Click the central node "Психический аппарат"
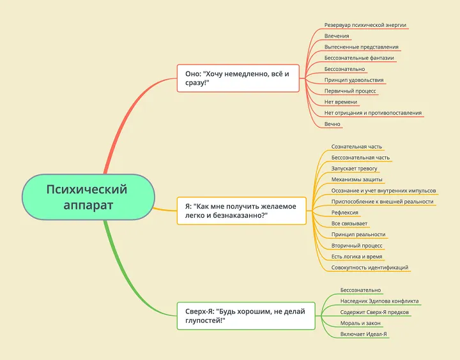pyautogui.click(x=88, y=197)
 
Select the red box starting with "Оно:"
pyautogui.click(x=238, y=79)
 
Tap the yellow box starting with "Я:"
pyautogui.click(x=241, y=211)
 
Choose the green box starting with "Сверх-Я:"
pyautogui.click(x=246, y=316)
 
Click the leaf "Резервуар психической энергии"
pyautogui.click(x=365, y=25)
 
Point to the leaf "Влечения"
pyautogui.click(x=336, y=36)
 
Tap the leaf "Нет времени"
pyautogui.click(x=341, y=101)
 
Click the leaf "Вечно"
pyautogui.click(x=332, y=124)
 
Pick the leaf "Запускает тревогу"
pyautogui.click(x=354, y=169)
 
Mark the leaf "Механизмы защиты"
pyautogui.click(x=356, y=179)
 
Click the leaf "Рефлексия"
pyautogui.click(x=344, y=213)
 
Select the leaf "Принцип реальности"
pyautogui.click(x=358, y=234)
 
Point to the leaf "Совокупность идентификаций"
pyautogui.click(x=369, y=267)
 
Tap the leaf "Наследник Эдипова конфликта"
pyautogui.click(x=379, y=301)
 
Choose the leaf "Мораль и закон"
pyautogui.click(x=360, y=323)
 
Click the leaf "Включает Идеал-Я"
pyautogui.click(x=364, y=334)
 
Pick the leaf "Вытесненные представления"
pyautogui.click(x=361, y=47)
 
